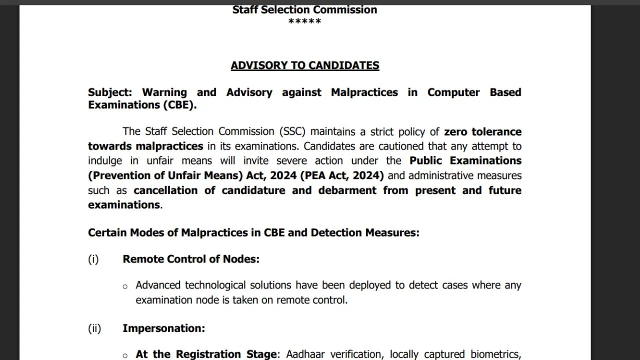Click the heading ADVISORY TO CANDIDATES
pos(305,65)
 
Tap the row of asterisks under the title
pos(304,22)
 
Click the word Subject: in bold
pos(110,92)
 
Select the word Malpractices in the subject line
pos(364,92)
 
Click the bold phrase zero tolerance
pos(482,131)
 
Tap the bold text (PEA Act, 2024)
pos(341,175)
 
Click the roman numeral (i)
pos(93,259)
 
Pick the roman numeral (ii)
pos(94,328)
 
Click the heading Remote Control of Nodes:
pos(191,259)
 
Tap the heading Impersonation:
pos(163,328)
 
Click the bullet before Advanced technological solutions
pos(125,286)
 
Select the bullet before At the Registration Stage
pos(125,356)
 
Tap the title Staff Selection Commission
pos(304,9)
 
